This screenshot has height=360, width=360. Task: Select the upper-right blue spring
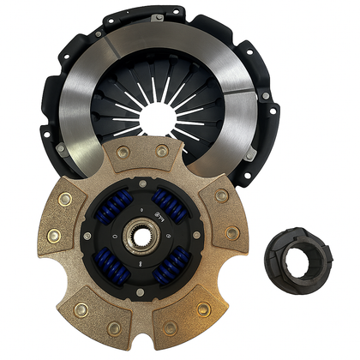(168, 202)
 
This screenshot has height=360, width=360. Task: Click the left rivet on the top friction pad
(123, 152)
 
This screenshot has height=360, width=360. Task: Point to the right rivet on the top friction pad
(159, 153)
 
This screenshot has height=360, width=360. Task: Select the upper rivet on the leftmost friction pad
(63, 199)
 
